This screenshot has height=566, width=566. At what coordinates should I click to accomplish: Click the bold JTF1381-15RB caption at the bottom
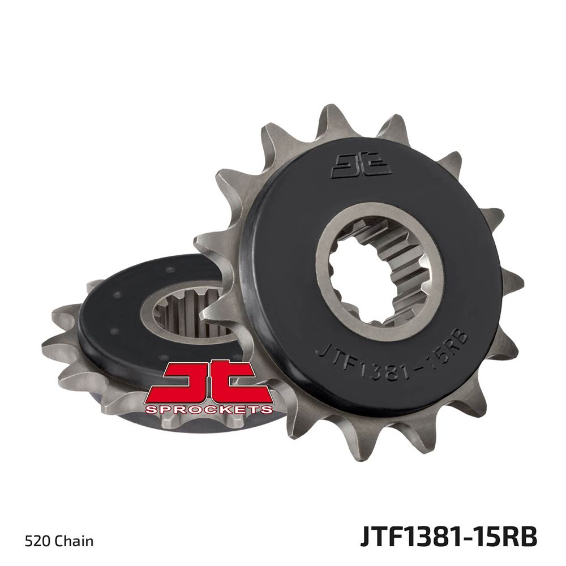tap(449, 537)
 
